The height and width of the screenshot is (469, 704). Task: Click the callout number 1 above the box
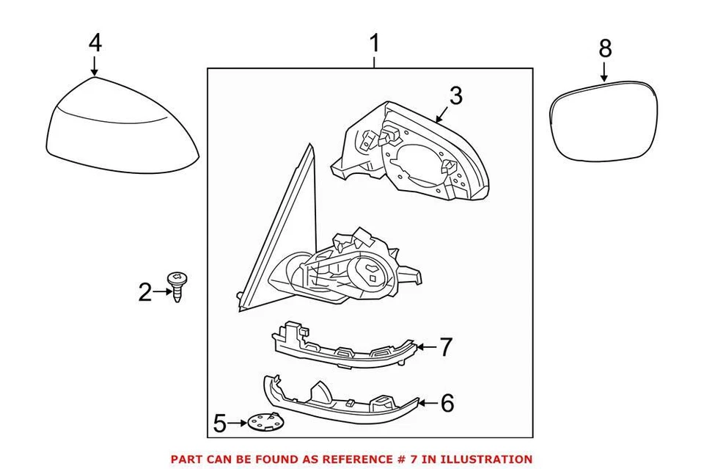[x=375, y=44]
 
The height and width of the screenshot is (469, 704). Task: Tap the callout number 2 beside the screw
[x=145, y=293]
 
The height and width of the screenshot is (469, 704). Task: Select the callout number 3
[x=455, y=95]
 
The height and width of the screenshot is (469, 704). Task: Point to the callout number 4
[x=95, y=43]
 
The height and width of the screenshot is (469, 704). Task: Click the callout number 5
[x=219, y=423]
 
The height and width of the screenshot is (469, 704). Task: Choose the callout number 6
[x=447, y=402]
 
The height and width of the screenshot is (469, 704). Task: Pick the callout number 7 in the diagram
[x=447, y=346]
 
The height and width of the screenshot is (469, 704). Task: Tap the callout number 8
[x=604, y=48]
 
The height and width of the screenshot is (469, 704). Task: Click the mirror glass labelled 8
[x=606, y=121]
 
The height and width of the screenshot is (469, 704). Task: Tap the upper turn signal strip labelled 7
[x=345, y=349]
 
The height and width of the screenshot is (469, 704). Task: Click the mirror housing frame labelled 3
[x=411, y=150]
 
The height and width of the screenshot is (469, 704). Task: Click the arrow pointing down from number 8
[x=604, y=71]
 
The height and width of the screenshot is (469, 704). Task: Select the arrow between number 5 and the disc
[x=238, y=423]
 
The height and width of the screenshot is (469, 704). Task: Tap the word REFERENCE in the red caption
[x=353, y=459]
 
